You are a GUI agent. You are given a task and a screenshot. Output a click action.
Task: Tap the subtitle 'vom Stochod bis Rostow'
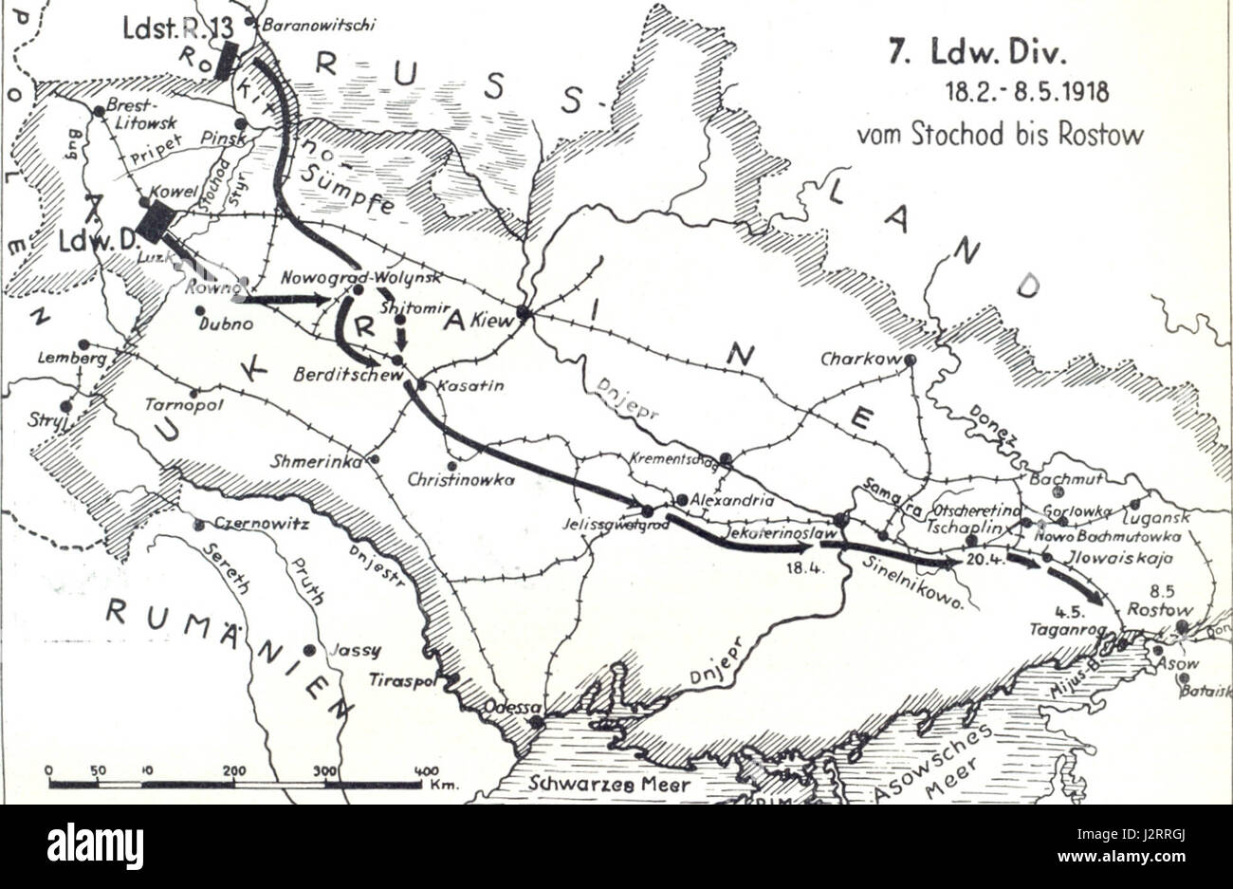(x=1000, y=134)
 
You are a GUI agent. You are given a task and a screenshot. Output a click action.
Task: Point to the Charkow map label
(x=858, y=360)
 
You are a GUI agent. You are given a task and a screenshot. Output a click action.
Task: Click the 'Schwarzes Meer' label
(x=610, y=785)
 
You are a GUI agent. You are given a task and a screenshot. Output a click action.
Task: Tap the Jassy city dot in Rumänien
(x=309, y=650)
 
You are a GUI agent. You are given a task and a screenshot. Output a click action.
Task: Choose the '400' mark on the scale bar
(x=428, y=770)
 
